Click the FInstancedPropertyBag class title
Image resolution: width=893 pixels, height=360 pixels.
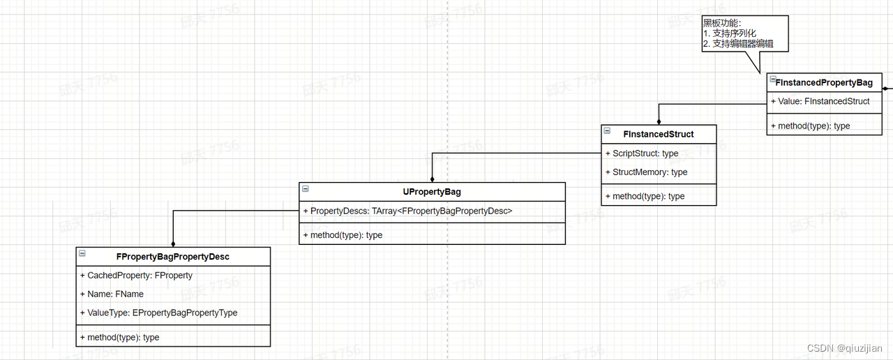point(824,82)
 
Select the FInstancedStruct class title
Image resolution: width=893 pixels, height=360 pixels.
point(659,134)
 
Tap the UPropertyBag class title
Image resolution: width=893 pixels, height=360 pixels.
point(432,192)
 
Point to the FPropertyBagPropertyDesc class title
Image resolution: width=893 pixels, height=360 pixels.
point(173,257)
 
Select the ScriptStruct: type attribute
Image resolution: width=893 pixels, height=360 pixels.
point(642,153)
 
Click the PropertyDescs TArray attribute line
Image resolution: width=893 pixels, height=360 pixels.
point(407,211)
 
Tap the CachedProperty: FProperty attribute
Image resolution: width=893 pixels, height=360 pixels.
point(136,276)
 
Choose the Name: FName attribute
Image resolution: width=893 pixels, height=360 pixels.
point(112,294)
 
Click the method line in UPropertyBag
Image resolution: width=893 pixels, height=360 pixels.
point(343,235)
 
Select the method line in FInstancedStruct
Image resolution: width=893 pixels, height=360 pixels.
point(645,197)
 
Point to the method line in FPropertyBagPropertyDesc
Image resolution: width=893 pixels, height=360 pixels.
point(119,338)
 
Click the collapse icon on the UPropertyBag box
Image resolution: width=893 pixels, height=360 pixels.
point(305,188)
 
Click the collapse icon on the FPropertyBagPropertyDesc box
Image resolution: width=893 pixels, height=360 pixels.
point(82,253)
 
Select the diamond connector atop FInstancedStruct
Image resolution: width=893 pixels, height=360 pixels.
point(659,121)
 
